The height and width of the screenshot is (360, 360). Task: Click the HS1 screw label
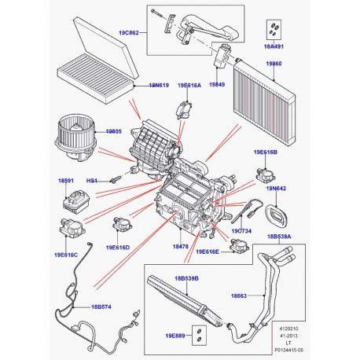92,181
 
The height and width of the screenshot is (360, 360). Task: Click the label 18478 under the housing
181,247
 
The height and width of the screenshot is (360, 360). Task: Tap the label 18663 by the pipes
241,296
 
